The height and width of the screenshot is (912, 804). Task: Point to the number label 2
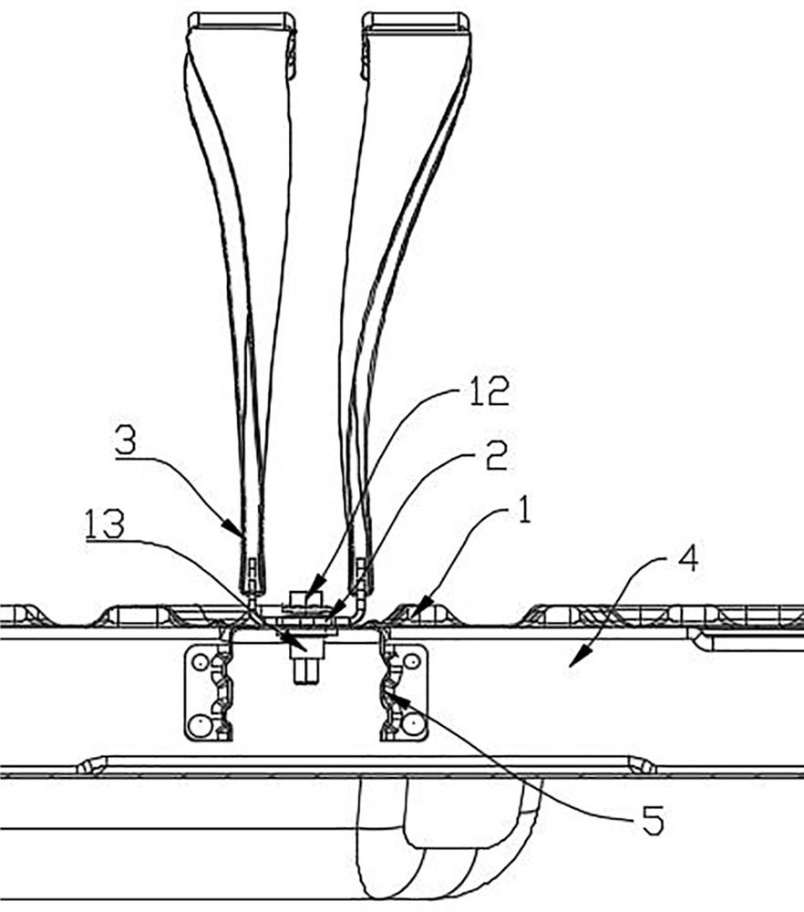click(496, 456)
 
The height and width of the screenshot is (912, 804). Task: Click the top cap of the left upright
click(241, 19)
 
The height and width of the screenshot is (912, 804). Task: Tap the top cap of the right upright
click(416, 19)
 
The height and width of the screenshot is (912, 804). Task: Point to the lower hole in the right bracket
click(415, 725)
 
